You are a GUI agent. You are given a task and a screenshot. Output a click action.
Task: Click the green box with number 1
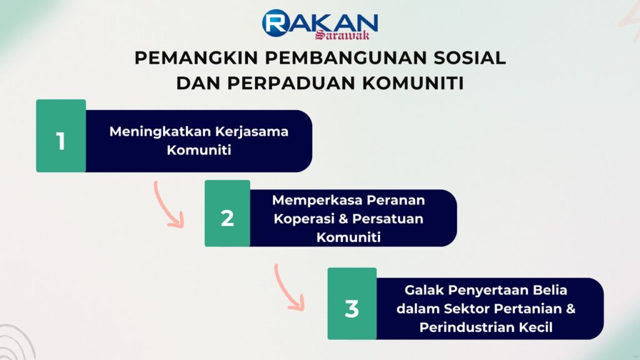(x=61, y=136)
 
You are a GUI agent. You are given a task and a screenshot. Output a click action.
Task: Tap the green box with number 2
(x=227, y=213)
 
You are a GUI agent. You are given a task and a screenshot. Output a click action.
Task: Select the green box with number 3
(x=352, y=303)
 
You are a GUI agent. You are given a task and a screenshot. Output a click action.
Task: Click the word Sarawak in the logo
(x=342, y=35)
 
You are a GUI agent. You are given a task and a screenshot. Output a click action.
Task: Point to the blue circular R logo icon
(x=276, y=23)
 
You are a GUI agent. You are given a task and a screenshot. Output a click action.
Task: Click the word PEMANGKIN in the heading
(x=196, y=58)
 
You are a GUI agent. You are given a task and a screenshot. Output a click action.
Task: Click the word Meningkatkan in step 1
(x=160, y=132)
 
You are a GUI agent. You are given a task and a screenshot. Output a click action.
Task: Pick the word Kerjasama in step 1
(x=252, y=132)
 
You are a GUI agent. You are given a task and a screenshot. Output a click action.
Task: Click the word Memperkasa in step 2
(x=317, y=201)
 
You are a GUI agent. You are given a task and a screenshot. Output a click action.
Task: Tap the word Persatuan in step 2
(x=387, y=219)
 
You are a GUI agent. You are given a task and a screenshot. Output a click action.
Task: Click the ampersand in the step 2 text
(x=344, y=219)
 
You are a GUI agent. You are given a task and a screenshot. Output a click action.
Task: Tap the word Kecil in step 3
(x=536, y=327)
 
